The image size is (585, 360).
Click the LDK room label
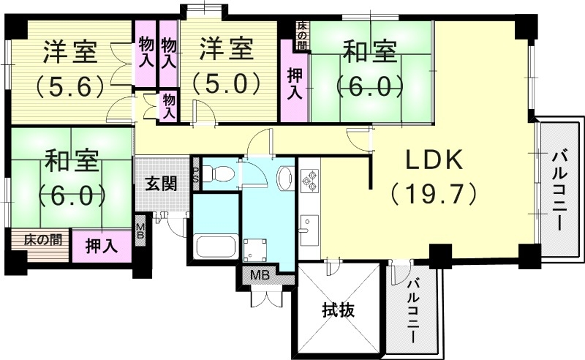coord(434,160)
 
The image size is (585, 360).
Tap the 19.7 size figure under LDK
coord(434,193)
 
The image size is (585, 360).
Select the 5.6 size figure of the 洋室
coord(70,87)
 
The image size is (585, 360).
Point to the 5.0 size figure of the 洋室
coord(227,81)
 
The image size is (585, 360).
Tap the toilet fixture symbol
coord(219,174)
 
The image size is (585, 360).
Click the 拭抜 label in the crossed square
coord(338,310)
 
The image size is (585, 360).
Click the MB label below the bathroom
coord(259,276)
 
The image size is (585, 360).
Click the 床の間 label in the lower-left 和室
coord(41,239)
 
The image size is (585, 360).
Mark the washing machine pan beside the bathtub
coord(256,249)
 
